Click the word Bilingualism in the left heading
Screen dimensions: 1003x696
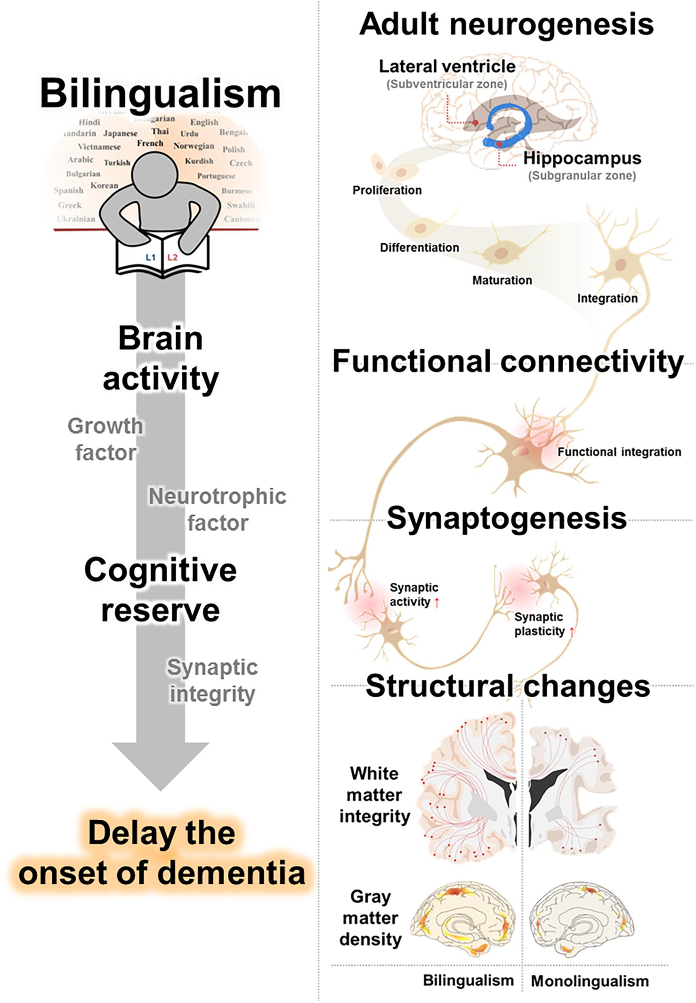click(x=161, y=94)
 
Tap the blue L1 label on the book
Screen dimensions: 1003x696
click(x=151, y=258)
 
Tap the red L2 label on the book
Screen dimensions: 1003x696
click(x=173, y=258)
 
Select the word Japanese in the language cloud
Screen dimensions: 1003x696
click(x=120, y=134)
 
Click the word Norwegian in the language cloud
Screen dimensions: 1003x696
click(x=194, y=146)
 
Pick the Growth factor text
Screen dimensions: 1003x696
click(x=105, y=439)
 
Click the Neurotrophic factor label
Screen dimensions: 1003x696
click(x=217, y=509)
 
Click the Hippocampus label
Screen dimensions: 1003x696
click(x=582, y=158)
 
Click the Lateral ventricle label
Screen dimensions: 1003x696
click(x=447, y=66)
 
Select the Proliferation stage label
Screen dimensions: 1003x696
click(x=387, y=190)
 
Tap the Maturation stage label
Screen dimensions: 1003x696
click(x=502, y=280)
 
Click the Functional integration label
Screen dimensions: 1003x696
click(x=619, y=452)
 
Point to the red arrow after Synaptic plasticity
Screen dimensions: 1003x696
click(x=572, y=632)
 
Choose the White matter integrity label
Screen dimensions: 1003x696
click(x=374, y=795)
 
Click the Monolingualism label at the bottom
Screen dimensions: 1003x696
click(x=589, y=981)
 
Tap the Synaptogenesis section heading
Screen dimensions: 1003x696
click(x=506, y=519)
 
